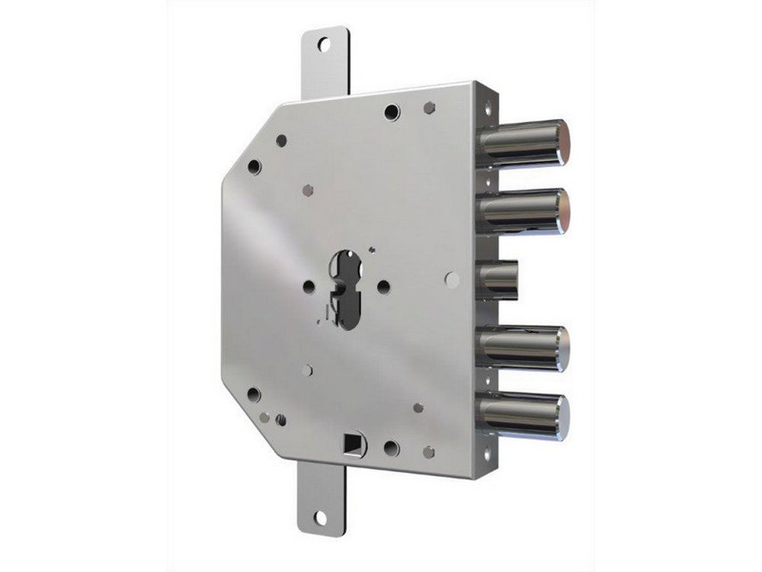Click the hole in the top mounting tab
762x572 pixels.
pos(324,44)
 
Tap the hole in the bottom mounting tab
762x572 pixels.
pos(320,518)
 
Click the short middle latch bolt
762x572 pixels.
pos(499,278)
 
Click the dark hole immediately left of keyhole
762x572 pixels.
pos(309,287)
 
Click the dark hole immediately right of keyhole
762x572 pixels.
pos(383,287)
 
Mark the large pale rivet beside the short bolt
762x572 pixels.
pos(452,279)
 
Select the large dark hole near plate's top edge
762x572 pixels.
pos(392,112)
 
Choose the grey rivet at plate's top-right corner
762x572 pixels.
pos(430,108)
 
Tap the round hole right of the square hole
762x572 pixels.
pos(392,448)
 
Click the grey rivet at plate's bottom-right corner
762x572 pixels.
pos(429,451)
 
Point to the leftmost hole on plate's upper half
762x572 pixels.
pos(254,167)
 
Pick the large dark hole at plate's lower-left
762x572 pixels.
pos(254,394)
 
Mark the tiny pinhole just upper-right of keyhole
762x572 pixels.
pos(371,249)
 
